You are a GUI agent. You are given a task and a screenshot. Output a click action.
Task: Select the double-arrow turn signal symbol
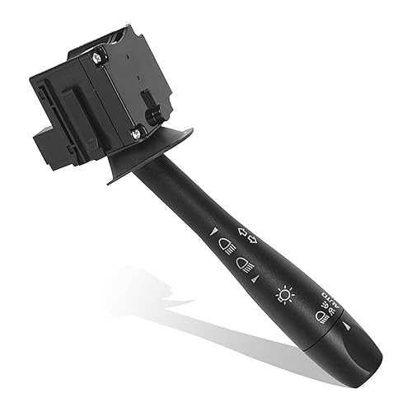(246, 236)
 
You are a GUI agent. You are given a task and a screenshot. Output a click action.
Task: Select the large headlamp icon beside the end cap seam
(321, 316)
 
